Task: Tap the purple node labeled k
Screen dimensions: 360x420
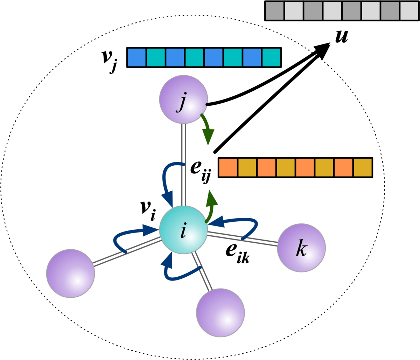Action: click(x=301, y=248)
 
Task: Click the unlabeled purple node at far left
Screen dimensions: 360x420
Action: click(x=70, y=273)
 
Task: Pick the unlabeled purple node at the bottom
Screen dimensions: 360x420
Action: click(x=220, y=312)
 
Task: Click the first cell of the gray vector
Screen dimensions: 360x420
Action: click(x=274, y=11)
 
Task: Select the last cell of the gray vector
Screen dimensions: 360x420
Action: click(x=409, y=11)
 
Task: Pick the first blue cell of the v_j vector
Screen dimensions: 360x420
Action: click(x=136, y=57)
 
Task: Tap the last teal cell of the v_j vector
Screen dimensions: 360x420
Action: click(x=271, y=57)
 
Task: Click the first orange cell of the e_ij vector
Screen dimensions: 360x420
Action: click(x=228, y=168)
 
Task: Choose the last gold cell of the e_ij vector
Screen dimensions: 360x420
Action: click(x=363, y=168)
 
